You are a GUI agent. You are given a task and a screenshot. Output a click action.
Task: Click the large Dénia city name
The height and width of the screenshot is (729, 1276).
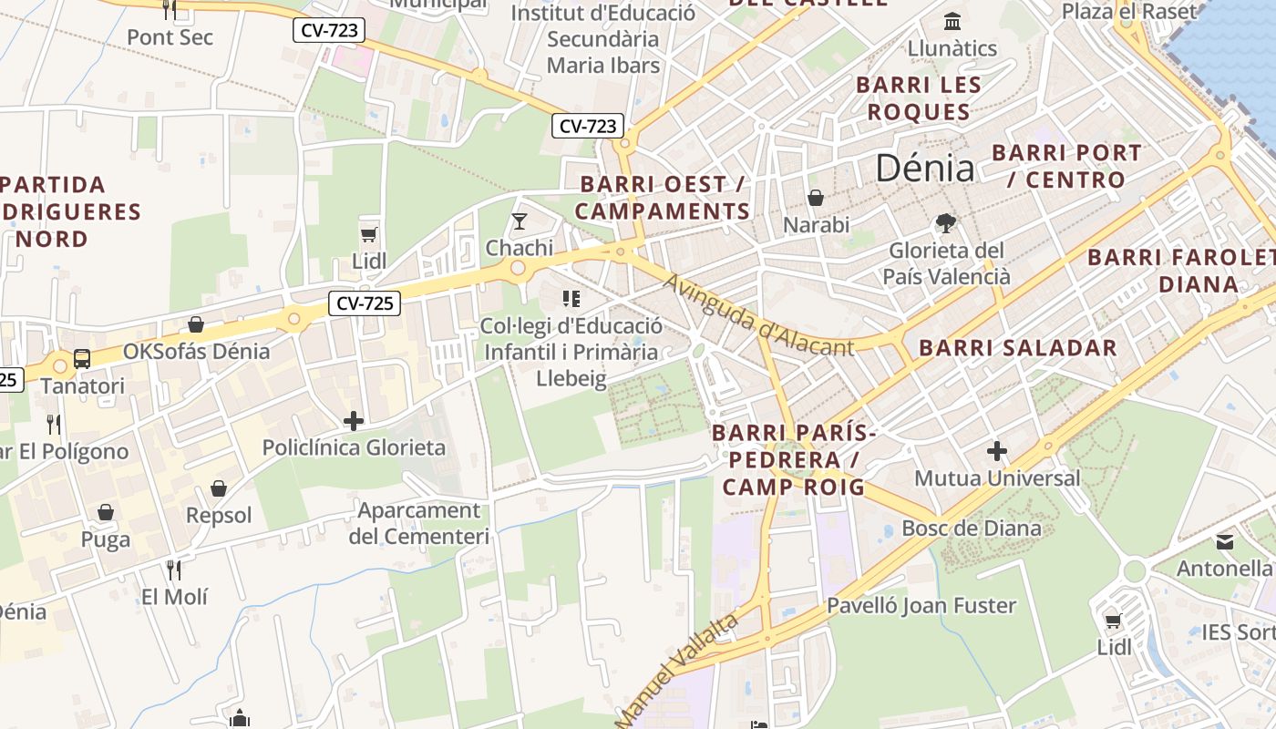[924, 168]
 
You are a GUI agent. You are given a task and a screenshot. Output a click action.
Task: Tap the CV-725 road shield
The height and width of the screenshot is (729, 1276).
[365, 303]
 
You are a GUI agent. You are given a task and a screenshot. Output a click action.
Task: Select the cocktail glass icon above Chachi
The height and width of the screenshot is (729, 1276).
[520, 221]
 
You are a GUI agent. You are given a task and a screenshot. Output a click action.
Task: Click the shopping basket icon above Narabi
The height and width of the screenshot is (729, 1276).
[816, 198]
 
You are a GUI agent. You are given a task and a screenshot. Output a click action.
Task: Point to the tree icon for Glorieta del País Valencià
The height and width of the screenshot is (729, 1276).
[946, 222]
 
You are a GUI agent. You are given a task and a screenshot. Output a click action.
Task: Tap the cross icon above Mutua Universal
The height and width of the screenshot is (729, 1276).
[997, 451]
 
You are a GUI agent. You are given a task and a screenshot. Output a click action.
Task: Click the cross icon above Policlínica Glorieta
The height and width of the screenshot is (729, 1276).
[354, 421]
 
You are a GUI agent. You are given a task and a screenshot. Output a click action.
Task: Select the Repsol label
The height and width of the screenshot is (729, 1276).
[219, 516]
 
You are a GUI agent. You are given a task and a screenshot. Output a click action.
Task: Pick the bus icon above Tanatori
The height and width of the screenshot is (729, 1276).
[82, 359]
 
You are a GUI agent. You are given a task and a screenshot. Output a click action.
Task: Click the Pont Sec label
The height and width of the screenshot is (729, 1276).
[170, 37]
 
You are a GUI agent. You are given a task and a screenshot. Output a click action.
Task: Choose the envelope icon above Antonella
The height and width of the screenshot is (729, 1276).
[1224, 542]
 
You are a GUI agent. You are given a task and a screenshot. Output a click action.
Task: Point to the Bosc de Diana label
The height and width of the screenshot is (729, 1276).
[971, 529]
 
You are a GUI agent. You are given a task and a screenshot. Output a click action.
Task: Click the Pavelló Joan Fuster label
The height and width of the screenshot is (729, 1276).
[921, 605]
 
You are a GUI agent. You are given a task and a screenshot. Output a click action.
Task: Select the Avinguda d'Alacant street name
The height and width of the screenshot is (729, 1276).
[758, 315]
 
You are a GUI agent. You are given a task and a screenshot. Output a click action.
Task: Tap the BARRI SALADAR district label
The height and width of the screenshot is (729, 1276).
[1017, 348]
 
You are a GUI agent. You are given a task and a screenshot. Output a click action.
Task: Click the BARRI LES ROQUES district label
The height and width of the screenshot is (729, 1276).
[918, 98]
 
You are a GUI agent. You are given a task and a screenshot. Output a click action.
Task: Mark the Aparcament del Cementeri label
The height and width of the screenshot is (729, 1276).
[418, 523]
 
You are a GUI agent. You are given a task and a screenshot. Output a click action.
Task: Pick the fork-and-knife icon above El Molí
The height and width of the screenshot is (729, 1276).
[173, 570]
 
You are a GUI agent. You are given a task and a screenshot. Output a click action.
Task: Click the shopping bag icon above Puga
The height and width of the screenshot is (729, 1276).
[106, 513]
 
